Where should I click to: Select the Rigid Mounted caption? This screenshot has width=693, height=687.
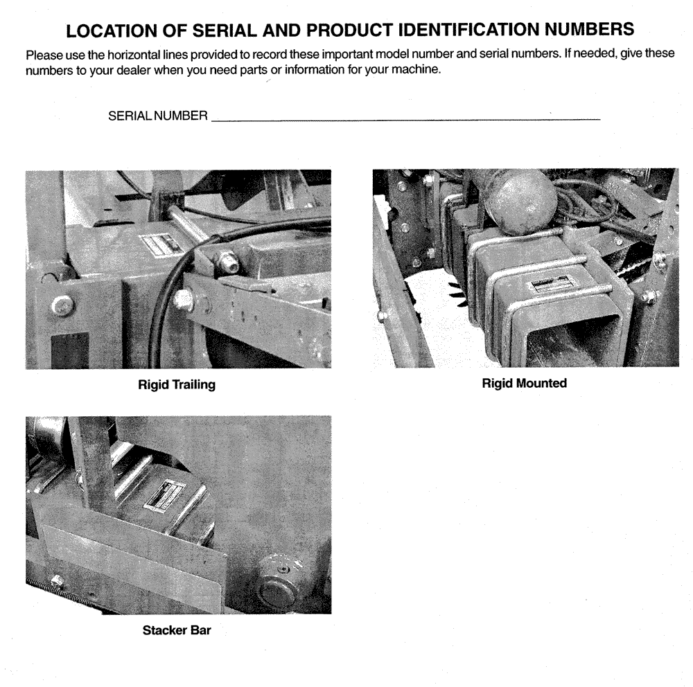[524, 383]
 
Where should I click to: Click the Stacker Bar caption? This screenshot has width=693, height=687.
[176, 631]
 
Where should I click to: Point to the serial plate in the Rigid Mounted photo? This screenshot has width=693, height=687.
[551, 285]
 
